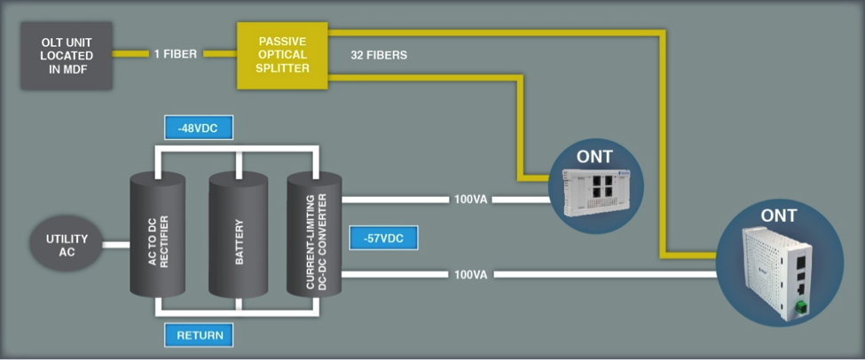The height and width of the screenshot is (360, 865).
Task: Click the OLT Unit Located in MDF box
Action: [x=66, y=56]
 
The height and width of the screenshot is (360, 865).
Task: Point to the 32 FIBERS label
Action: [x=380, y=55]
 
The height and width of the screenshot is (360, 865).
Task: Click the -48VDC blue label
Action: [x=198, y=129]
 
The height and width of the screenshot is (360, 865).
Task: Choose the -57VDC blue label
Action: [x=384, y=238]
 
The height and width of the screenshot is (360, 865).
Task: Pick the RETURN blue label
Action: [x=200, y=335]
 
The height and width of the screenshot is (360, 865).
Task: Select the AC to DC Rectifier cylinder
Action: [x=156, y=235]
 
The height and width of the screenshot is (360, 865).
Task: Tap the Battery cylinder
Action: [x=236, y=235]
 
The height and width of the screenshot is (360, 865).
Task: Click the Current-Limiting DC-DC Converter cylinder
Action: [x=314, y=235]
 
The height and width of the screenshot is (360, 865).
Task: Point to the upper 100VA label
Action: [x=470, y=200]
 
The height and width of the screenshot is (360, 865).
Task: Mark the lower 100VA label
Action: [x=470, y=275]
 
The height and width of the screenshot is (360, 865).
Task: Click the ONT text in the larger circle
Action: [x=778, y=215]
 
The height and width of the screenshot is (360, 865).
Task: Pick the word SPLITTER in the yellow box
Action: [x=284, y=68]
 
